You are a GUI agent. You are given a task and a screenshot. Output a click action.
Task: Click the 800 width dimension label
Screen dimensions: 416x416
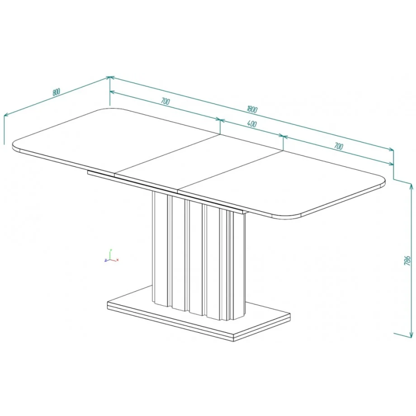pos(56,92)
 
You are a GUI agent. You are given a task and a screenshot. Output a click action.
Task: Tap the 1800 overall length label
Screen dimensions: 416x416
pos(252,109)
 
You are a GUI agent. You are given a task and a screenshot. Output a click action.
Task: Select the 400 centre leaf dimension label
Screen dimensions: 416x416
pos(252,124)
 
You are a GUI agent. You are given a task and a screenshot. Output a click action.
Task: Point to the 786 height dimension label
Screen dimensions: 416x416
pos(407,261)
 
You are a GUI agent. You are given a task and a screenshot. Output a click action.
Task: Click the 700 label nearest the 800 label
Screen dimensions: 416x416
pos(165,101)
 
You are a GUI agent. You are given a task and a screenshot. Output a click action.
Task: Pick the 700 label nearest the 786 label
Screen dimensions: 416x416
pos(339,146)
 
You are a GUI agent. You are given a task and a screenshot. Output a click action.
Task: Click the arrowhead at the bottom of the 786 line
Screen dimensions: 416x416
pos(411,336)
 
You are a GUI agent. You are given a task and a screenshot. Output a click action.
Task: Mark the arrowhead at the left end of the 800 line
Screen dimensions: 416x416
pos(6,115)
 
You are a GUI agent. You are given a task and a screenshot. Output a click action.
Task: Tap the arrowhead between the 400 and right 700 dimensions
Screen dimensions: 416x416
pos(283,137)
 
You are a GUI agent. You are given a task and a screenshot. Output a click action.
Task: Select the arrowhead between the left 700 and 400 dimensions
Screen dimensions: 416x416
pos(220,120)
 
